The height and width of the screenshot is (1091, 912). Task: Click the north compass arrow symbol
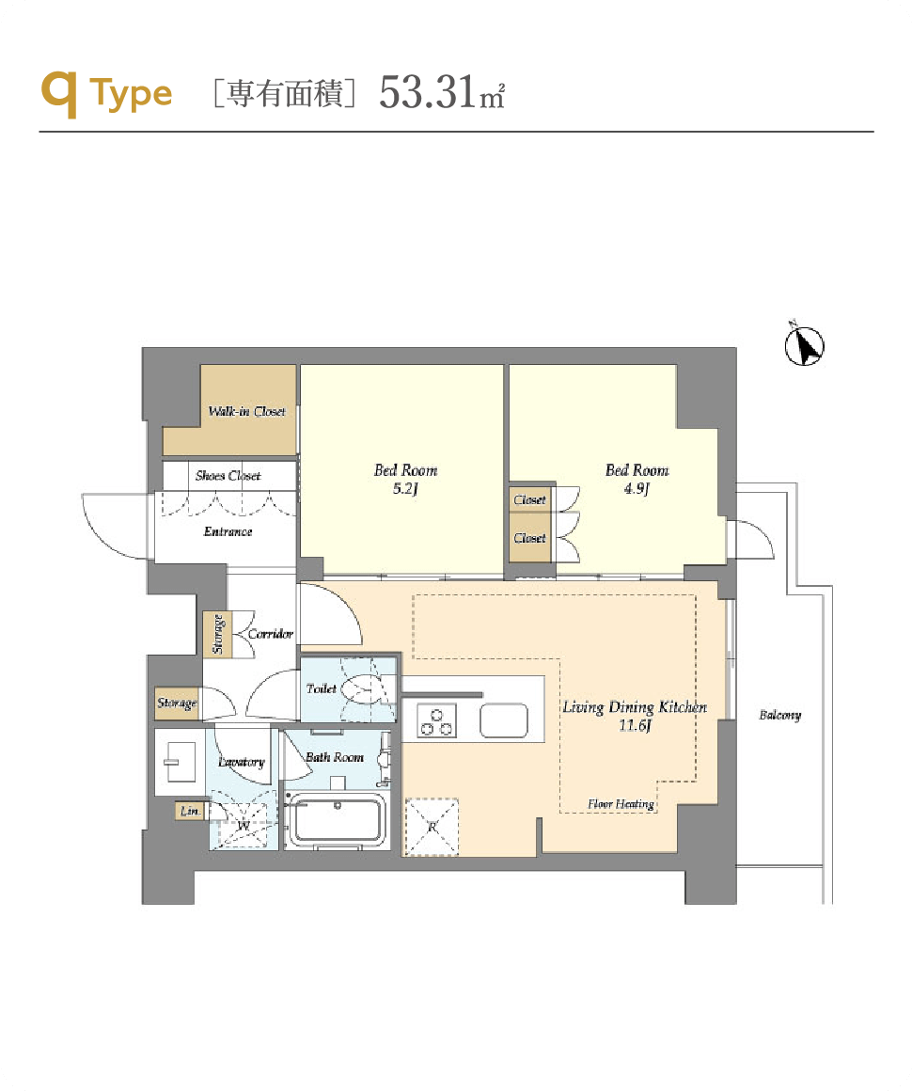[x=805, y=346]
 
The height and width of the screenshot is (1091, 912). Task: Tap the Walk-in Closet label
[x=247, y=411]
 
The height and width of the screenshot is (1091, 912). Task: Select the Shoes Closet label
[x=228, y=476]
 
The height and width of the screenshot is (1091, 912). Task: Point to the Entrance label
[x=228, y=531]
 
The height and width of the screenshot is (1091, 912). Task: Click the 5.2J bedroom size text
[x=405, y=488]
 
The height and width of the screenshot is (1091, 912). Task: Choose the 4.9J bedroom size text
[x=637, y=488]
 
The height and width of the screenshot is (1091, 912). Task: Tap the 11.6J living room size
[x=635, y=726]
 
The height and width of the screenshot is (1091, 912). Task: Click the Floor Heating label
[x=621, y=804]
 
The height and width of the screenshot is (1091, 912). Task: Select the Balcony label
[x=779, y=716]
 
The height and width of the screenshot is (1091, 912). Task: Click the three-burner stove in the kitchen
[x=437, y=720]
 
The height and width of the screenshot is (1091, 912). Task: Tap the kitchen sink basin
[x=504, y=720]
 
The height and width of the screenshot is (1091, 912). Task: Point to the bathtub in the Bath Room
[x=337, y=821]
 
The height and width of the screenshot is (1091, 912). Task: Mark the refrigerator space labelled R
[x=432, y=827]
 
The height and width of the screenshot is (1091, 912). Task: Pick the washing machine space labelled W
[x=243, y=826]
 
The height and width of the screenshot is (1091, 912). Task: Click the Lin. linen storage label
[x=190, y=812]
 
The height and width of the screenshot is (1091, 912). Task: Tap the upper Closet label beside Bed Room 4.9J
[x=529, y=499]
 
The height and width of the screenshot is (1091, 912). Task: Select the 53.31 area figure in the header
[x=427, y=92]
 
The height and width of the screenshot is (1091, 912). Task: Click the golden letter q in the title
[x=59, y=94]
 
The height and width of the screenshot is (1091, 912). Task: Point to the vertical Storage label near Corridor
[x=218, y=634]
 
